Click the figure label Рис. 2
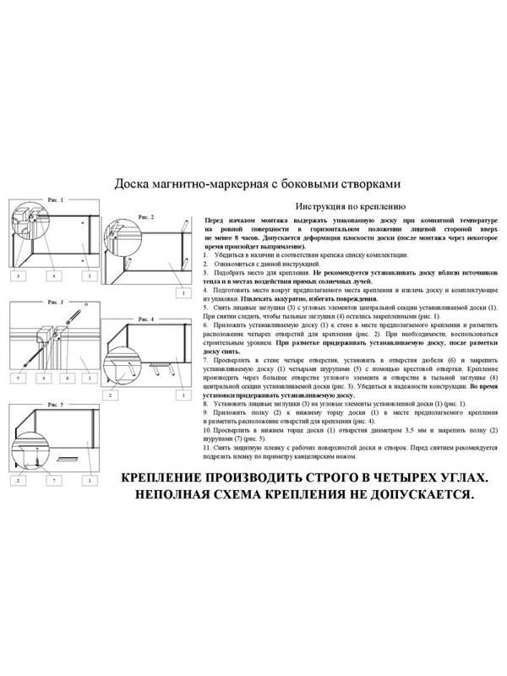click(x=146, y=217)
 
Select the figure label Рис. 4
click(x=145, y=320)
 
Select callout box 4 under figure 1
click(x=52, y=276)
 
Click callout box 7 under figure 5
click(x=52, y=480)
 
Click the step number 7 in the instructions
click(x=207, y=360)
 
